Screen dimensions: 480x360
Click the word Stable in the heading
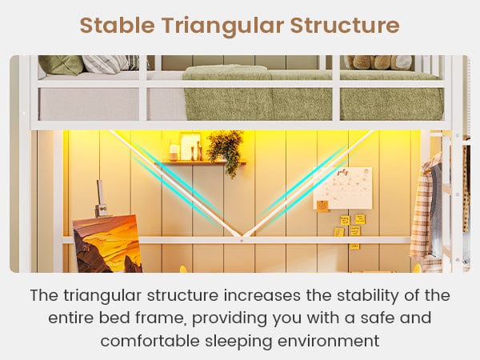(x=117, y=25)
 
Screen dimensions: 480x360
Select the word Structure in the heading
(x=345, y=25)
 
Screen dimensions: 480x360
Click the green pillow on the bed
(x=61, y=65)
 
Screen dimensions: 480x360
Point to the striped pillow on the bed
(x=106, y=64)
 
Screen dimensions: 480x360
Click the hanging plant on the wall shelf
(x=226, y=151)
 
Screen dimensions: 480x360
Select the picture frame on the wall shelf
(x=190, y=146)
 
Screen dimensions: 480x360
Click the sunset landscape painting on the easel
(x=107, y=244)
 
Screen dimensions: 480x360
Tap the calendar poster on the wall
(x=343, y=188)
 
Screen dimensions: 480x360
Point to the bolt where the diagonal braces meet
(x=242, y=241)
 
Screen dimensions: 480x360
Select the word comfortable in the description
(x=150, y=341)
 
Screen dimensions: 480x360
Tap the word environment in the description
(x=329, y=342)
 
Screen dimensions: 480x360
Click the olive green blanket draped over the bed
(x=312, y=94)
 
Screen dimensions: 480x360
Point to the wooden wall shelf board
(x=201, y=163)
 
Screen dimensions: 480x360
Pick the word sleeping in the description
(x=238, y=342)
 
